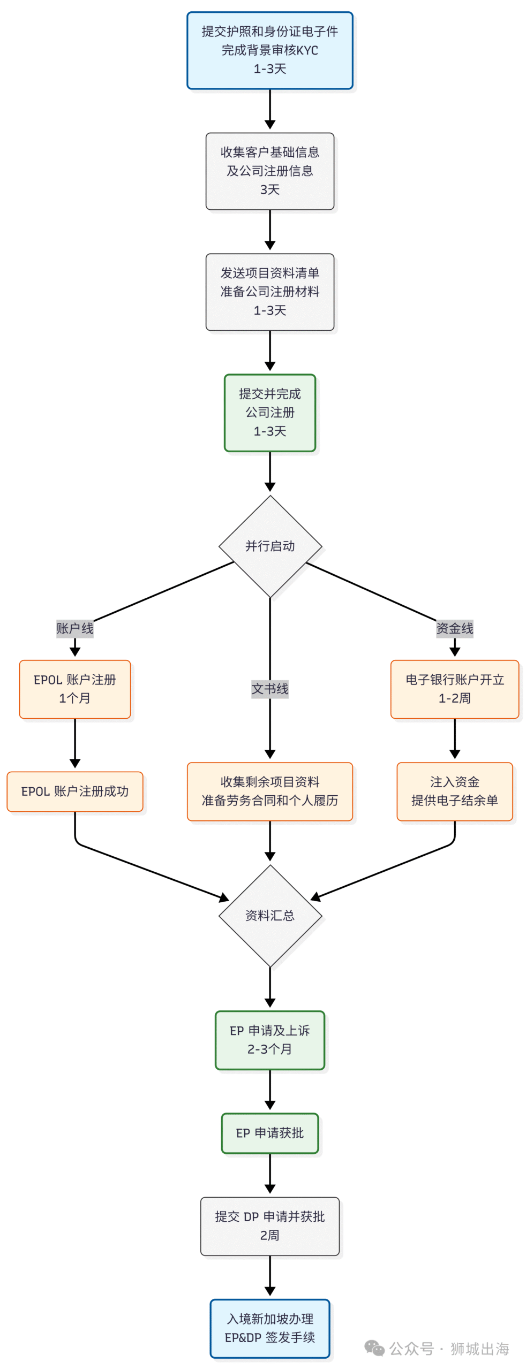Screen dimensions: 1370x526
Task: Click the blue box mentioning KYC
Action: coord(269,50)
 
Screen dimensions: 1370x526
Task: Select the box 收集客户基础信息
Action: coord(269,171)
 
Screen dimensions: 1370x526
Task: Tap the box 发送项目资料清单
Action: coord(269,292)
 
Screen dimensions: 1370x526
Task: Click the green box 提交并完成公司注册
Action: coord(269,412)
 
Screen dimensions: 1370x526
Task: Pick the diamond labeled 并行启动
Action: coord(269,546)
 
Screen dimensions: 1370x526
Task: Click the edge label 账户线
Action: coord(75,628)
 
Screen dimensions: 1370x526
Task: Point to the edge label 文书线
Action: coord(269,689)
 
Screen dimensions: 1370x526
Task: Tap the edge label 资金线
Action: coord(454,628)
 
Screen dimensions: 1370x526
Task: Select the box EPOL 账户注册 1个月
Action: coord(75,689)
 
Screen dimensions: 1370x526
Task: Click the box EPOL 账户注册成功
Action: coord(75,791)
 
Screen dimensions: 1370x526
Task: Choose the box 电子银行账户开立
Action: coord(454,689)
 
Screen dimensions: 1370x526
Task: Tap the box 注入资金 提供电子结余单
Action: coord(454,791)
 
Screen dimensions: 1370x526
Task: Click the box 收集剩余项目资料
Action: coord(269,791)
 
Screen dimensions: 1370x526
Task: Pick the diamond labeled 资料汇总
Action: coord(269,915)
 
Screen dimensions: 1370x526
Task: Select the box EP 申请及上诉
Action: coord(269,1040)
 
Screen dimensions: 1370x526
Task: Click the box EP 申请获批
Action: coord(269,1133)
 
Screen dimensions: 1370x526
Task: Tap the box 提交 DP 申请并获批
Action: coord(269,1226)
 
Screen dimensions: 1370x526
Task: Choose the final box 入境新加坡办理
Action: coord(269,1328)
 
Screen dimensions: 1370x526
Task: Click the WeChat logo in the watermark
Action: coord(374,1348)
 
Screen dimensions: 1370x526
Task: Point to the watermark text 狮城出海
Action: coord(479,1349)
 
